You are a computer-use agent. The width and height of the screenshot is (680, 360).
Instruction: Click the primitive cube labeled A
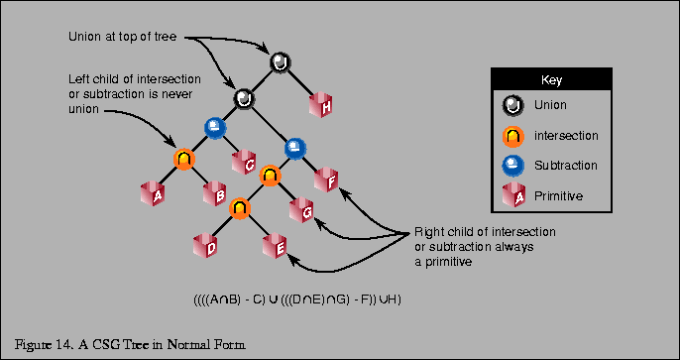click(x=153, y=191)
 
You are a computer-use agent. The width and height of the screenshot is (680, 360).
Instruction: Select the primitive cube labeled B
click(x=214, y=191)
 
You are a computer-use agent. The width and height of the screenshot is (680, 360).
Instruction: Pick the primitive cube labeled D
click(x=206, y=245)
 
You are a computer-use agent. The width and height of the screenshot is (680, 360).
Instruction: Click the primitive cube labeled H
click(x=321, y=103)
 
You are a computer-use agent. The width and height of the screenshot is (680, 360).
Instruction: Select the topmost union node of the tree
click(x=281, y=63)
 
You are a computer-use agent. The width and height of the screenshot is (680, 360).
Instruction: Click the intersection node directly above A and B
click(x=184, y=158)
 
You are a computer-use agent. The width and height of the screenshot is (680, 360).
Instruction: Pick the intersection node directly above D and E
click(x=240, y=208)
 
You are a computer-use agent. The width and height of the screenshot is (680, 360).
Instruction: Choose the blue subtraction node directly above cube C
click(x=214, y=127)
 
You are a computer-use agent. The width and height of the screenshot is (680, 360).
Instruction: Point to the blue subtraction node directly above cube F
click(x=295, y=148)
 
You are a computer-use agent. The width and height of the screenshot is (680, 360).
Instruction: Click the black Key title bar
click(x=551, y=79)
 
